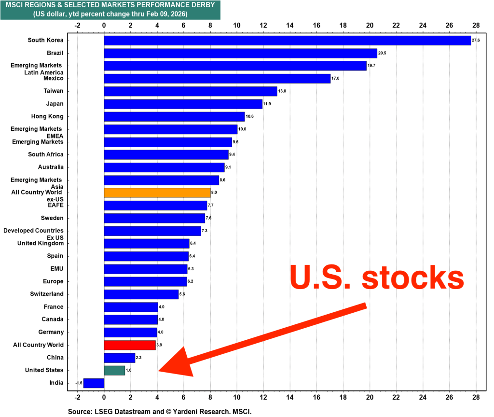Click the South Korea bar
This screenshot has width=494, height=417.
click(x=287, y=41)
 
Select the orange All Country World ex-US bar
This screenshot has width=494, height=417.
click(x=157, y=193)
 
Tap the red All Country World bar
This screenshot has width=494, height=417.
click(x=129, y=345)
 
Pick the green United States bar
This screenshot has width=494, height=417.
click(x=114, y=370)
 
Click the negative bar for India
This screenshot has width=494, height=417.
click(x=94, y=383)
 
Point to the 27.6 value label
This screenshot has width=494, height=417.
click(x=476, y=41)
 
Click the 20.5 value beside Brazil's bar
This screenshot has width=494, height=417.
click(x=382, y=53)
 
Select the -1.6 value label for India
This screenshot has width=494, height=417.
click(x=78, y=383)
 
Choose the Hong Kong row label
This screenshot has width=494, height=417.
click(x=48, y=116)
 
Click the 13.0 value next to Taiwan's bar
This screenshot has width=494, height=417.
click(x=282, y=91)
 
